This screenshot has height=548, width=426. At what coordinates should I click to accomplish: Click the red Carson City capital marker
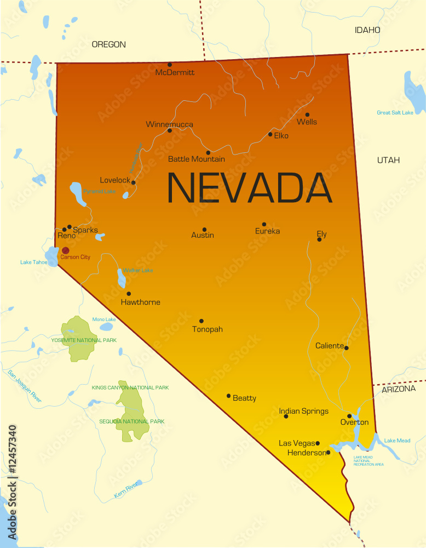(x=65, y=250)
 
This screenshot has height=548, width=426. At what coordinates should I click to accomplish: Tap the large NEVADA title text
(x=249, y=188)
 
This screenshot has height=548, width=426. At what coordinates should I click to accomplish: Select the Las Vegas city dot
(x=318, y=443)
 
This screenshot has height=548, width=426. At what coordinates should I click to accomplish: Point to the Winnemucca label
(x=169, y=124)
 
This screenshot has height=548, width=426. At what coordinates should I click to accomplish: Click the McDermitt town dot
(x=170, y=65)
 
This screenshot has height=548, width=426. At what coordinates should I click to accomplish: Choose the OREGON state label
(x=108, y=44)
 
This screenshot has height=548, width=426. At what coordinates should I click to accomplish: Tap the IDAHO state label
(x=367, y=30)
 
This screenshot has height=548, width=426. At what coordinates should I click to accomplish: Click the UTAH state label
(x=388, y=160)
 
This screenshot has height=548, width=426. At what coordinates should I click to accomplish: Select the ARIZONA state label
(x=398, y=389)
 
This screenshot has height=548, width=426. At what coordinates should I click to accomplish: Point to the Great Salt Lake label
(x=395, y=112)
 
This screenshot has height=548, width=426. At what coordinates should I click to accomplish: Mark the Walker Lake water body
(x=121, y=278)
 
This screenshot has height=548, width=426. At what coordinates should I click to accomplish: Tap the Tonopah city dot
(x=202, y=321)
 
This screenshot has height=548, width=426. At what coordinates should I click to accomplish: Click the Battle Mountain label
(x=196, y=159)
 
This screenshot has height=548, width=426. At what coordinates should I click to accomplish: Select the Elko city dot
(x=270, y=134)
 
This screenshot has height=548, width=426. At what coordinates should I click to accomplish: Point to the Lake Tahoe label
(x=33, y=262)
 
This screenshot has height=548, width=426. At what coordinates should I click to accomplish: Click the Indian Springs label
(x=303, y=411)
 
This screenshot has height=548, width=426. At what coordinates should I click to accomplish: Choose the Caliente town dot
(x=346, y=347)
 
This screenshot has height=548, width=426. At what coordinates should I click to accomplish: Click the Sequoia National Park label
(x=131, y=421)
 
